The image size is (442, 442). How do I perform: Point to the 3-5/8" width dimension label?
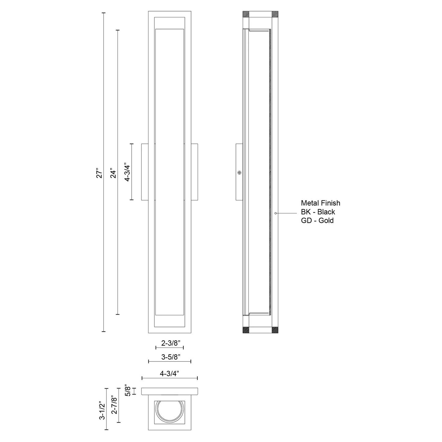pyautogui.click(x=171, y=357)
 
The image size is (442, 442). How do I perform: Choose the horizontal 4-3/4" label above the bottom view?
pyautogui.click(x=169, y=374)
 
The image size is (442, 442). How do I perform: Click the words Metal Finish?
pyautogui.click(x=321, y=203)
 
